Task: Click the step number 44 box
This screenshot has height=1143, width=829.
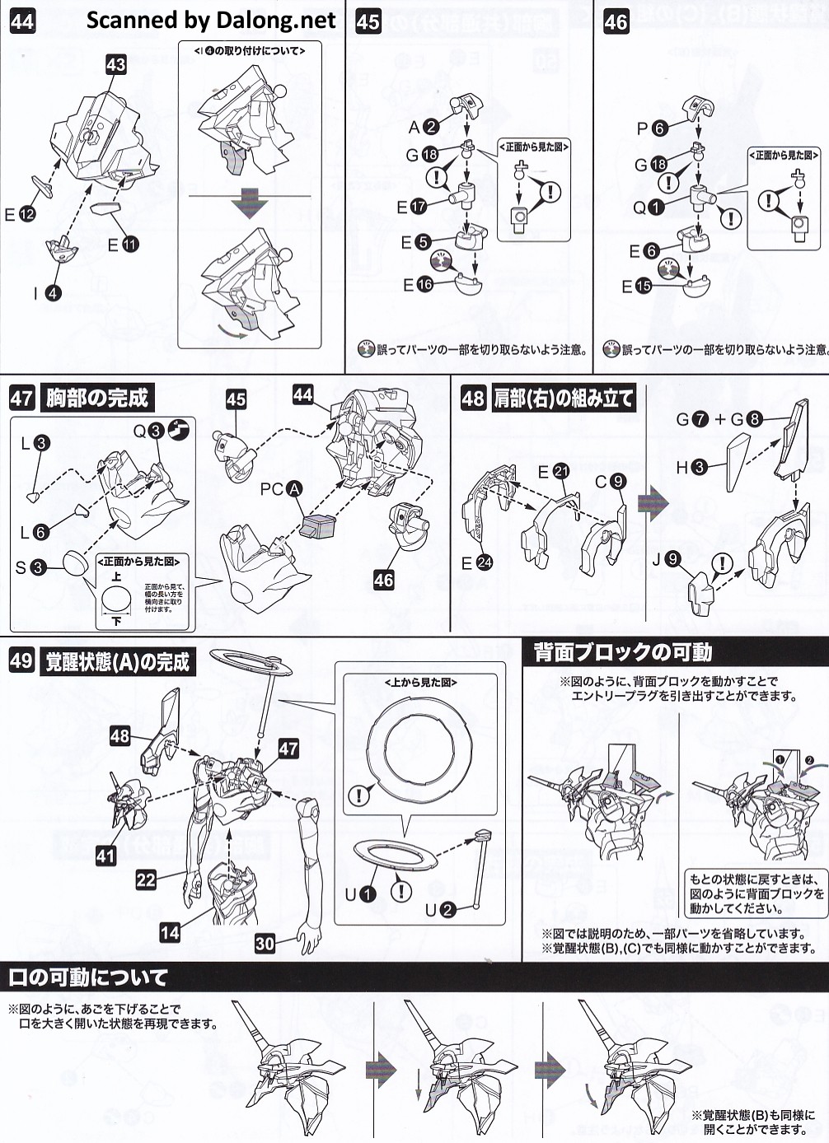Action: [22, 21]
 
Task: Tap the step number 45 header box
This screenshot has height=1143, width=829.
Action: [368, 21]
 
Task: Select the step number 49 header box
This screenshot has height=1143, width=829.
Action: [22, 660]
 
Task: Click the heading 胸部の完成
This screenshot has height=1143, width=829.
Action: [97, 398]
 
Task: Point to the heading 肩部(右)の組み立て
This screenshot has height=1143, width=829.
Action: [564, 398]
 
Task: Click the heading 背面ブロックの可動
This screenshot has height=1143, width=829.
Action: [622, 652]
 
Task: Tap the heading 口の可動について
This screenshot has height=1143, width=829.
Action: [88, 977]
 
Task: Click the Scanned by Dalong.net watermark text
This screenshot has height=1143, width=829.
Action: [211, 20]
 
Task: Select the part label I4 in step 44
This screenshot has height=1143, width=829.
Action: [46, 292]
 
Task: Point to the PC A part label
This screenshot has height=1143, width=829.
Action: [281, 489]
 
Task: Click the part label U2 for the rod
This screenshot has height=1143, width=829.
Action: [440, 909]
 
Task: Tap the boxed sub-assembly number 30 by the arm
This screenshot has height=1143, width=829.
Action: [265, 943]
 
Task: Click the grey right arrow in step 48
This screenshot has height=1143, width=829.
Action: [653, 502]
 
